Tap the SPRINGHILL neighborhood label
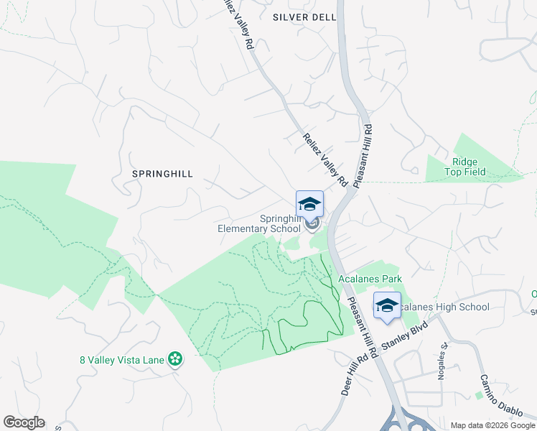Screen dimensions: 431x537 pyautogui.click(x=163, y=174)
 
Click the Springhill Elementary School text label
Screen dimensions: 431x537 pyautogui.click(x=259, y=223)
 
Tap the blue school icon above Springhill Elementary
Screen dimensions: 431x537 pyautogui.click(x=309, y=204)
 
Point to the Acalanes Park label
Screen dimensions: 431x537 pyautogui.click(x=370, y=279)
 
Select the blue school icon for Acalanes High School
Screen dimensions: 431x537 pyautogui.click(x=387, y=306)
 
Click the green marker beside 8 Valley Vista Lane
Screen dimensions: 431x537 pyautogui.click(x=174, y=358)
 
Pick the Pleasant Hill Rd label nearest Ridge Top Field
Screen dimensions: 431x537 pyautogui.click(x=365, y=155)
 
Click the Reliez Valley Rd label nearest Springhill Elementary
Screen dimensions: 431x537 pyautogui.click(x=325, y=160)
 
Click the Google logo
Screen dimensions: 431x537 pyautogui.click(x=24, y=422)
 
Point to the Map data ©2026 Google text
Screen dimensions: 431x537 pyautogui.click(x=492, y=425)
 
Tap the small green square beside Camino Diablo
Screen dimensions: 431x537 pyautogui.click(x=480, y=395)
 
